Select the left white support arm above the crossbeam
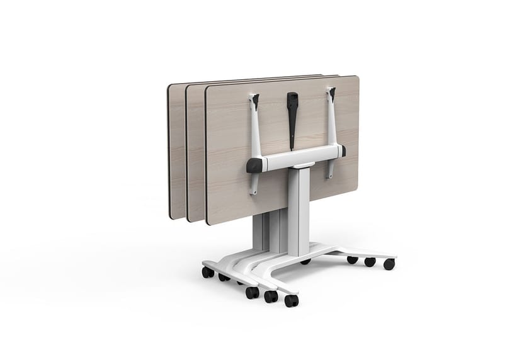click(x=256, y=130)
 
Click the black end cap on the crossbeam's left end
click(x=254, y=165)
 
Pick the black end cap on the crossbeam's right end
click(x=343, y=151)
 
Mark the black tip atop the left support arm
click(x=255, y=99)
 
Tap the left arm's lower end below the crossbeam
click(x=253, y=184)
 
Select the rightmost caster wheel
click(x=389, y=264)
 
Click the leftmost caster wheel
click(x=207, y=272)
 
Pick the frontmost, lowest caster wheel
click(x=291, y=301)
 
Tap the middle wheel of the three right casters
click(x=370, y=262)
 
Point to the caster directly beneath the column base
click(x=305, y=260)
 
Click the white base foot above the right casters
click(x=359, y=252)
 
